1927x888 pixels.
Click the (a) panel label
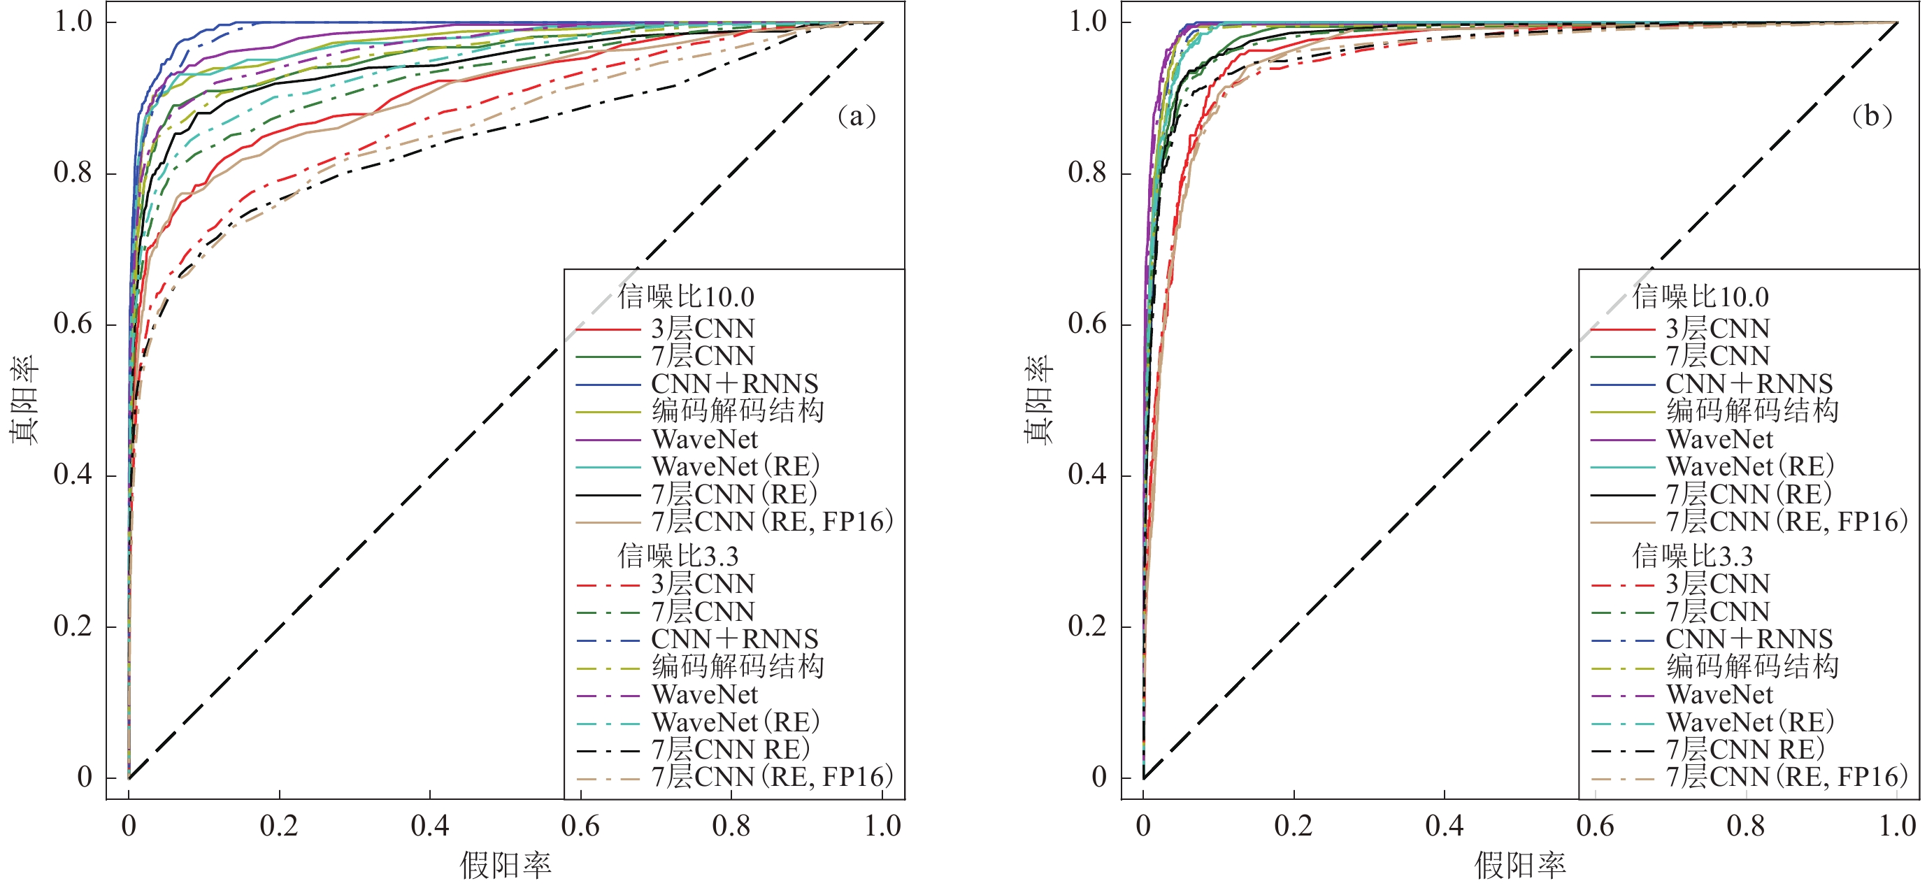click(856, 116)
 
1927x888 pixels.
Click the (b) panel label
click(1871, 116)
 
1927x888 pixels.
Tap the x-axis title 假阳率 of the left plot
click(506, 866)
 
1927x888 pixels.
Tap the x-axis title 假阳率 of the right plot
click(1520, 866)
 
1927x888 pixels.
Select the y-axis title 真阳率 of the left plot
click(24, 400)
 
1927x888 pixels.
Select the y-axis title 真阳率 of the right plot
click(1038, 400)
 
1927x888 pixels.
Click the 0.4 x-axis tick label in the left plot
click(429, 826)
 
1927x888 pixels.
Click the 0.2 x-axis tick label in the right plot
click(1294, 826)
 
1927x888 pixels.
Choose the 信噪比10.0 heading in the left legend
click(685, 297)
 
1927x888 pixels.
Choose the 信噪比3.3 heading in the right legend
click(1692, 556)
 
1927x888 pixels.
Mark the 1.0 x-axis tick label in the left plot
click(882, 826)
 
